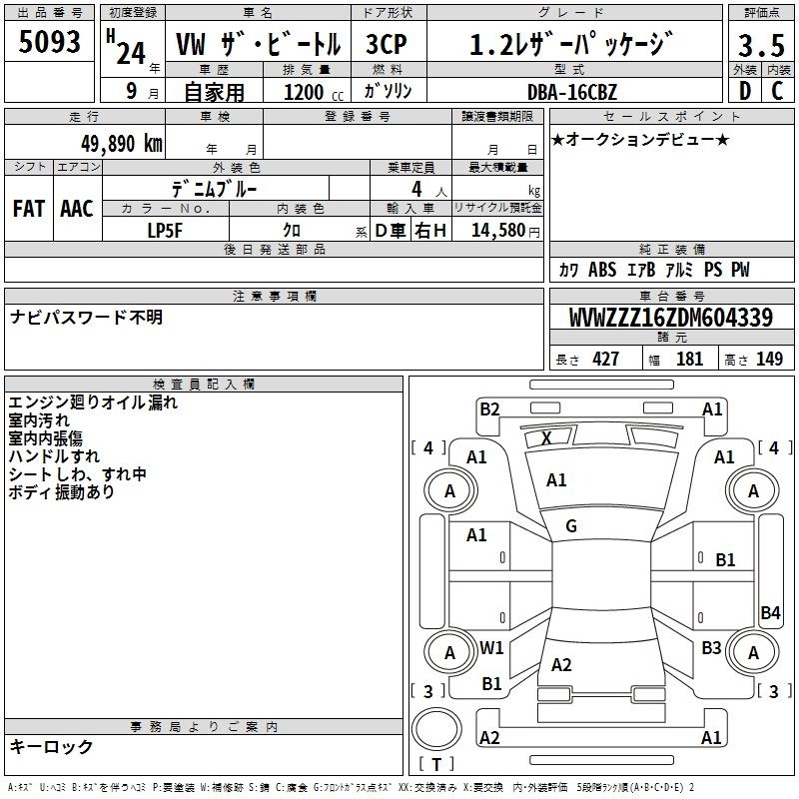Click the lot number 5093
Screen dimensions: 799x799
[49, 42]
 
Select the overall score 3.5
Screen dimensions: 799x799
[761, 45]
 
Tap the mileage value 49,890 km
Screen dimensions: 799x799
[121, 144]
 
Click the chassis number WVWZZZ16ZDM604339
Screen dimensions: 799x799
[671, 318]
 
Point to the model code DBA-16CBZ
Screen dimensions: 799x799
[572, 92]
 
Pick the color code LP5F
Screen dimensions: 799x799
[165, 231]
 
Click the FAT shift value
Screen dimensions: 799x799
[29, 209]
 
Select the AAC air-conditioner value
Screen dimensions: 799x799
[77, 209]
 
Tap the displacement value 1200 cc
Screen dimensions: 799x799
[314, 92]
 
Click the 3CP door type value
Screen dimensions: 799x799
[387, 44]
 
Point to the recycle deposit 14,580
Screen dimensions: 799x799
[498, 231]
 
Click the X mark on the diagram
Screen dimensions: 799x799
[546, 437]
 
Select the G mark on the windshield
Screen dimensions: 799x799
[571, 526]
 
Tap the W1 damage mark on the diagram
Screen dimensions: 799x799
[491, 647]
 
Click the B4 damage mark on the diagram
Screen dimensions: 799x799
[770, 612]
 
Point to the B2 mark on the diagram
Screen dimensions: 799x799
[489, 409]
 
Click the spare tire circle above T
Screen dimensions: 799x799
[436, 729]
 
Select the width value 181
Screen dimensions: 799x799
[689, 359]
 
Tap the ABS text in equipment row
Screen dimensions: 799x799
[602, 270]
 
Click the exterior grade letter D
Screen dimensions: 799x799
[745, 91]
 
